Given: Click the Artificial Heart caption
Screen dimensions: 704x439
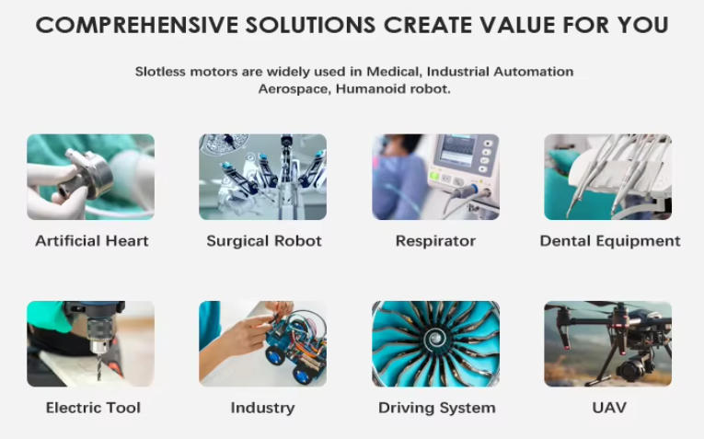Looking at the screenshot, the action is (92, 241).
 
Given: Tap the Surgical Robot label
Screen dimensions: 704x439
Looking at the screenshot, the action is (264, 241).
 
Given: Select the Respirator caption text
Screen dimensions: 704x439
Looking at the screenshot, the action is (435, 241).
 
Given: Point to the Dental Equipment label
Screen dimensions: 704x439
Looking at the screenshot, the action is (610, 241).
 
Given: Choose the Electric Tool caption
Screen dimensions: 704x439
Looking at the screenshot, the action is (93, 408).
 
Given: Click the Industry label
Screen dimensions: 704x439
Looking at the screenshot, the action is (262, 408).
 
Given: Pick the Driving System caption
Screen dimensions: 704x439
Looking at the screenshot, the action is (437, 408).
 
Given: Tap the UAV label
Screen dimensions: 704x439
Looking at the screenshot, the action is (609, 408).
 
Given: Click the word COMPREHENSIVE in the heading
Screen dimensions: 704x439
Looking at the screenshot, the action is (137, 25).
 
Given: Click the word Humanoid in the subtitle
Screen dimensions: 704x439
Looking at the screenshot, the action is (364, 89).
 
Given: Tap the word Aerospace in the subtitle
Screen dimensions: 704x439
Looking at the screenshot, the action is (294, 89).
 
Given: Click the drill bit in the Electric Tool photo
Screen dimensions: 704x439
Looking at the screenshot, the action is (98, 366).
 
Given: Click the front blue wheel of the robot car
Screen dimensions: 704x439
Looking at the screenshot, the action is (275, 355).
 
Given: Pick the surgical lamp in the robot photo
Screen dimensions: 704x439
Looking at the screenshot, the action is (223, 144).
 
